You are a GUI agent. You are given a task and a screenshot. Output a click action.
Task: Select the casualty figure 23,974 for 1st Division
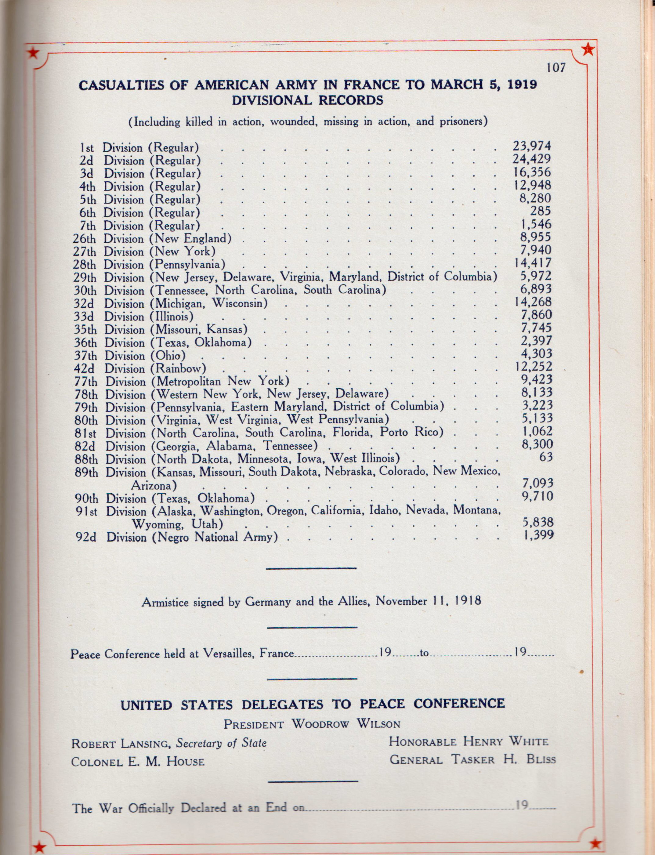click(531, 146)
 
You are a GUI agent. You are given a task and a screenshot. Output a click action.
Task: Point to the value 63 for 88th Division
click(546, 457)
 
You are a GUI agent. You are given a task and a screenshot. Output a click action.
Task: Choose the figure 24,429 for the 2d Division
click(531, 159)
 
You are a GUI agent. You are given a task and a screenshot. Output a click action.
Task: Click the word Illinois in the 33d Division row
click(172, 317)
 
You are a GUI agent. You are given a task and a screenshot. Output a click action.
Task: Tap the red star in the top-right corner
click(588, 49)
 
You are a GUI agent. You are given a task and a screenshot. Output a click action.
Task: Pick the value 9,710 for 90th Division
click(538, 496)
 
